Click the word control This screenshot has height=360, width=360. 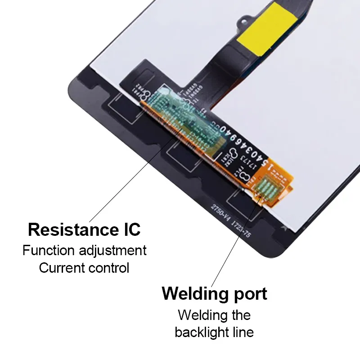coord(109,268)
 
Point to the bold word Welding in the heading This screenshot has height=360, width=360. coord(194,294)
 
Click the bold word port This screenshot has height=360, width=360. coord(249,295)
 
